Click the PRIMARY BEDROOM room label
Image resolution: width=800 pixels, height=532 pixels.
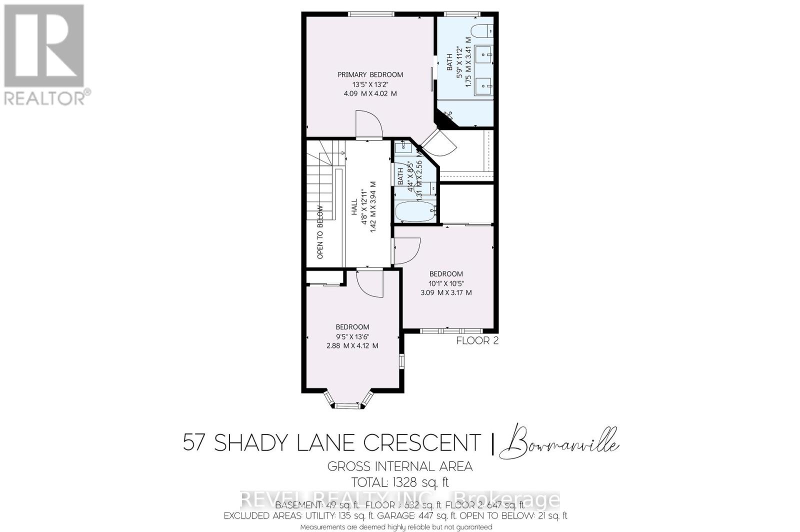coord(370,75)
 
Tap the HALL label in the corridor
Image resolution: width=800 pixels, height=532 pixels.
coord(354,207)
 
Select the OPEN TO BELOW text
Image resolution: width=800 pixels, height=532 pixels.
coord(320,232)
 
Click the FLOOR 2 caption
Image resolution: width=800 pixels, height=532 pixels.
coord(477,341)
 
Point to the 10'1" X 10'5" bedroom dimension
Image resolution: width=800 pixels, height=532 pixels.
coord(446,283)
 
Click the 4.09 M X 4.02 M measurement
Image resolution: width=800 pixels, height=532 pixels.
coord(370,93)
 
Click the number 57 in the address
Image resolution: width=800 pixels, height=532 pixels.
coord(195,442)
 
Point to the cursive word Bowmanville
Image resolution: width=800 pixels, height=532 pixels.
coord(562,442)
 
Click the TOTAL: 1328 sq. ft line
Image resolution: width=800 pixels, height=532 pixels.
coord(400,482)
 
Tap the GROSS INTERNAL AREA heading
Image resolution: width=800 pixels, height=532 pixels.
coord(400,466)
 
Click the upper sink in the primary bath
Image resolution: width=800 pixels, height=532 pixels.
coord(484,53)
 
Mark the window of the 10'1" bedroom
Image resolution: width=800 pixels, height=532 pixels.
coord(450,331)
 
